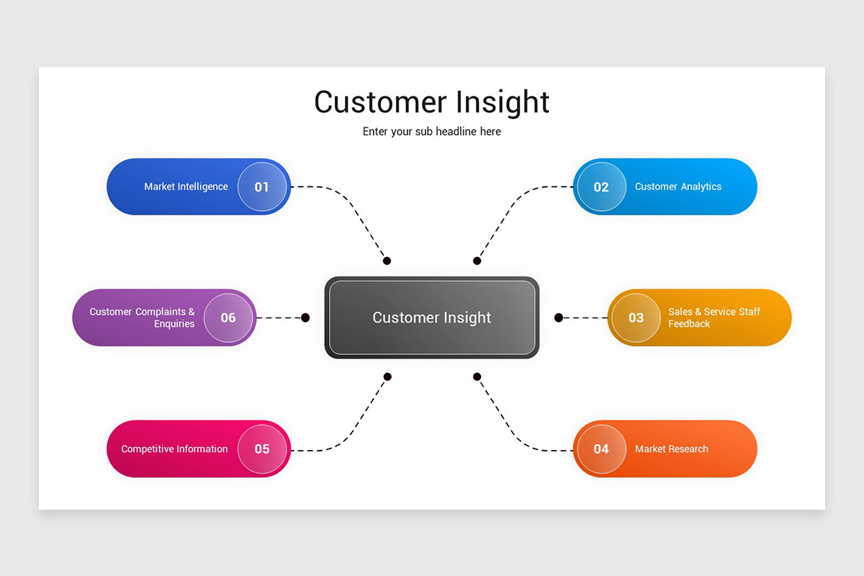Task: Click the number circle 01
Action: click(262, 187)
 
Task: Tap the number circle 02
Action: click(601, 187)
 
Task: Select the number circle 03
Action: click(636, 318)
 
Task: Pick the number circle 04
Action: click(601, 449)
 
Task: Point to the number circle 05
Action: click(262, 449)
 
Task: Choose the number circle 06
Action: click(228, 318)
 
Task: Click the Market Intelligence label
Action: click(186, 186)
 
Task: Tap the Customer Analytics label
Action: click(678, 186)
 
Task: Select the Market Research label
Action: click(671, 449)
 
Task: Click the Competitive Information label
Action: click(174, 449)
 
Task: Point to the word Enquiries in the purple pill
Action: click(174, 324)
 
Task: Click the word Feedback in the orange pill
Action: click(689, 324)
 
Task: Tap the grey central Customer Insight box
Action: click(432, 318)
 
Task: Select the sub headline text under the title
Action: click(432, 132)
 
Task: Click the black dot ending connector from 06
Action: click(305, 318)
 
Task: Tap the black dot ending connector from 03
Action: click(559, 318)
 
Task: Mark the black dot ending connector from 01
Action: click(387, 261)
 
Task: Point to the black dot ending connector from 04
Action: click(477, 377)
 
